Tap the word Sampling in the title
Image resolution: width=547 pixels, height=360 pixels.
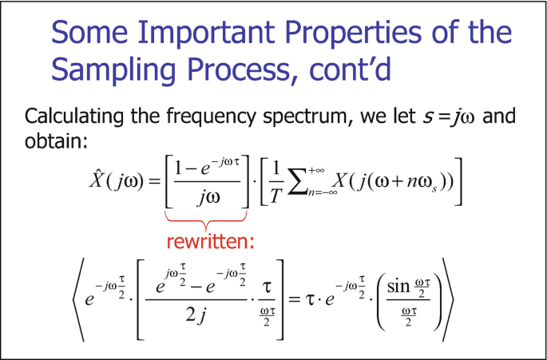pyautogui.click(x=113, y=69)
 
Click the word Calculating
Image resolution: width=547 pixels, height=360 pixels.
pyautogui.click(x=73, y=117)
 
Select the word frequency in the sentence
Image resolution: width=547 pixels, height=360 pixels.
pyautogui.click(x=211, y=117)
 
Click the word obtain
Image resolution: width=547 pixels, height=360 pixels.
pyautogui.click(x=55, y=140)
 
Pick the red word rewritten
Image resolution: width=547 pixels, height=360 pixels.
pyautogui.click(x=210, y=241)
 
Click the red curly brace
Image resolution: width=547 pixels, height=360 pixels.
pyautogui.click(x=206, y=219)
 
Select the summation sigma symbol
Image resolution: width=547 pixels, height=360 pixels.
pyautogui.click(x=298, y=185)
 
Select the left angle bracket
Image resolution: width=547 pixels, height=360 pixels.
pyautogui.click(x=78, y=299)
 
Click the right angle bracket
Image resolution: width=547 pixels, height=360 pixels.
pyautogui.click(x=448, y=299)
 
